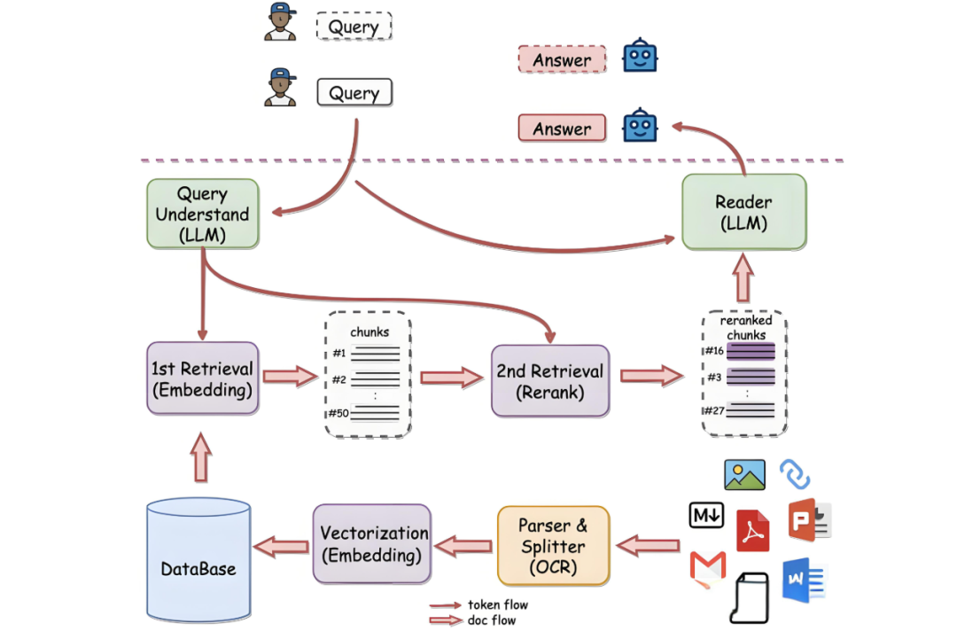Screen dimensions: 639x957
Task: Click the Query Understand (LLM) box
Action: coord(202,214)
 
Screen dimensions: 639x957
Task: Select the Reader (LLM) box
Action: coord(743,213)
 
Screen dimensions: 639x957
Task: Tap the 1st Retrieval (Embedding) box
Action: coord(202,378)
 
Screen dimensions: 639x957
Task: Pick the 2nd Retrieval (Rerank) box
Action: coord(550,381)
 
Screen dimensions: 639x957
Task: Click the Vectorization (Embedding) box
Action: coord(371,544)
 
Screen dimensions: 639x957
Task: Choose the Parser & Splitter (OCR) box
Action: coord(554,546)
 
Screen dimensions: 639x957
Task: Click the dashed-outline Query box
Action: coord(354,27)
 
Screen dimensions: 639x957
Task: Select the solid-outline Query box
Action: coord(354,93)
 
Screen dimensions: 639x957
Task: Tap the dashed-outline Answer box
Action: coord(562,60)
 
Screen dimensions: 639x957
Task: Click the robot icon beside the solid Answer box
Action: coord(640,127)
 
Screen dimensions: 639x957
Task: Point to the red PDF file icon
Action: coord(753,531)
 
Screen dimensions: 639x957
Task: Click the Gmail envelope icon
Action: coord(707,567)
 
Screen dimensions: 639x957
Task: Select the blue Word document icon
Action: coord(803,581)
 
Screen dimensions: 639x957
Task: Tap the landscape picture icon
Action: coord(744,475)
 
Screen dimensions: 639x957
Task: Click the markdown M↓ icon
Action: coord(706,515)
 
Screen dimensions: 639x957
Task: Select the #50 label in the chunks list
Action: coord(338,413)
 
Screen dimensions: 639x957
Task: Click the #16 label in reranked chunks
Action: coord(714,351)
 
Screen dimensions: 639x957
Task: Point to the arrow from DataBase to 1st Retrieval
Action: coord(202,457)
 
